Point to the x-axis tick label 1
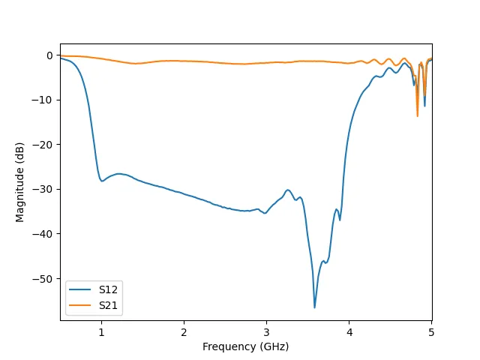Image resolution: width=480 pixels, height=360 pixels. [101, 332]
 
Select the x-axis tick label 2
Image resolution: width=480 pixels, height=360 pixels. [184, 332]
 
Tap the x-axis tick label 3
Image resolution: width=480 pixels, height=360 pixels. [266, 332]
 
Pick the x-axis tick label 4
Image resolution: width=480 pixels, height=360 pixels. [349, 332]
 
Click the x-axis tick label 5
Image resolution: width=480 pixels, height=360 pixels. [431, 332]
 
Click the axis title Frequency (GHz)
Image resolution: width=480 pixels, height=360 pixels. [246, 346]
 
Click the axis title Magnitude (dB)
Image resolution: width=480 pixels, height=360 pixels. [20, 182]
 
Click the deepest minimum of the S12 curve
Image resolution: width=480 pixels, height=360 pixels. [314, 307]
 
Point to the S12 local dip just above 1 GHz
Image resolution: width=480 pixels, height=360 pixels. [102, 181]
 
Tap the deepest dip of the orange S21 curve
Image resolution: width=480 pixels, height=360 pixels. [418, 115]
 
